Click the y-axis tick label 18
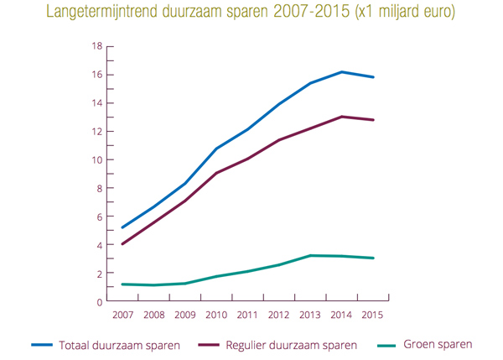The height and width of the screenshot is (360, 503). click(x=97, y=46)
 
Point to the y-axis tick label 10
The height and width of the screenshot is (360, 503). click(x=97, y=159)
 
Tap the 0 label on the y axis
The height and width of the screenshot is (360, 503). click(x=100, y=302)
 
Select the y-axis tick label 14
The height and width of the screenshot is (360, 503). click(x=97, y=103)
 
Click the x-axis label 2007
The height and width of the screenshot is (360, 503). click(x=123, y=315)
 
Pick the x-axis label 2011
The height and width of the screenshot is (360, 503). click(x=248, y=315)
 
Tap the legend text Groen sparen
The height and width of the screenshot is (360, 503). click(x=438, y=344)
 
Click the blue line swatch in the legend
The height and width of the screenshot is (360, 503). click(x=43, y=345)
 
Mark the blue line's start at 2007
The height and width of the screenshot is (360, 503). click(x=123, y=227)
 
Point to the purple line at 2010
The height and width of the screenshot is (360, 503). click(x=217, y=173)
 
